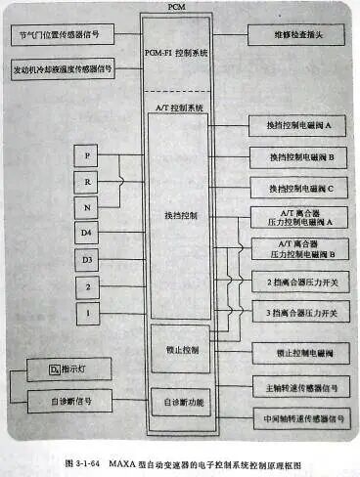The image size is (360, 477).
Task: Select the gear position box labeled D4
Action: (88, 233)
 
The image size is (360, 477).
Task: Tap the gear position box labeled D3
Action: (88, 259)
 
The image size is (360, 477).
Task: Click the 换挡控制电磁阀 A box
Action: (300, 127)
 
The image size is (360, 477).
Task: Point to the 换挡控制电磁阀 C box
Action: (300, 187)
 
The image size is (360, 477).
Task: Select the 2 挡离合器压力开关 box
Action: (300, 282)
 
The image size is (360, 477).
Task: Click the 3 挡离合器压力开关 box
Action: (300, 313)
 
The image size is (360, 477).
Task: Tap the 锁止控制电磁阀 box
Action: (300, 349)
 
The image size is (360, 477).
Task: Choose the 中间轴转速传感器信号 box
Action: (300, 417)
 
